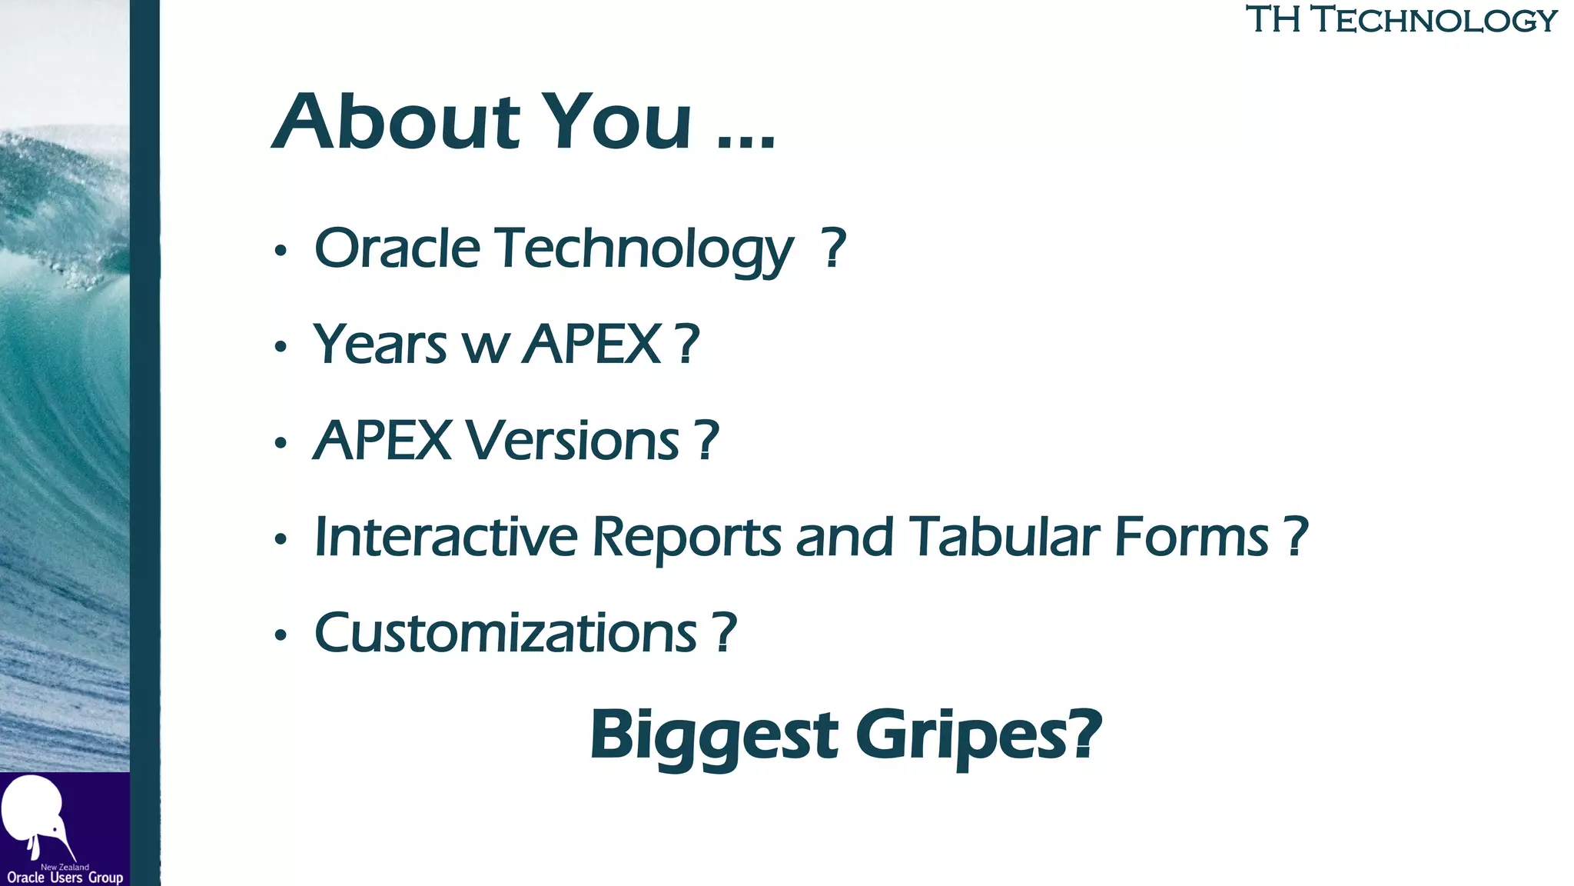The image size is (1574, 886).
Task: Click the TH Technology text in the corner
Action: pos(1401,20)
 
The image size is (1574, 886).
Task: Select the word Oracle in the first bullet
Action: pos(397,248)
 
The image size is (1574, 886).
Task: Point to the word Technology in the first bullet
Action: pos(644,250)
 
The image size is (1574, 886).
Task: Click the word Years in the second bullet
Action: pos(380,344)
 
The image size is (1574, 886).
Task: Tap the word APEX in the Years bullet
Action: pos(592,344)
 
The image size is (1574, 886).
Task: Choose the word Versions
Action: pos(573,441)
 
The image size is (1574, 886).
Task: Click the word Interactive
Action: pos(446,536)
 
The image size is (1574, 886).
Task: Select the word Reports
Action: pos(687,538)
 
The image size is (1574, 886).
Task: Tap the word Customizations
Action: pos(506,633)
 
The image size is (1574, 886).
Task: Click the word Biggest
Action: pos(714,734)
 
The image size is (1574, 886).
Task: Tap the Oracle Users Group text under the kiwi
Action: pos(65,878)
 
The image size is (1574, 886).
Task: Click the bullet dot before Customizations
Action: pos(281,635)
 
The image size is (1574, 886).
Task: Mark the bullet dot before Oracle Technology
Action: pos(281,251)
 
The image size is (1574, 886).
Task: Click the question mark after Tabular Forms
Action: pos(1296,536)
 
